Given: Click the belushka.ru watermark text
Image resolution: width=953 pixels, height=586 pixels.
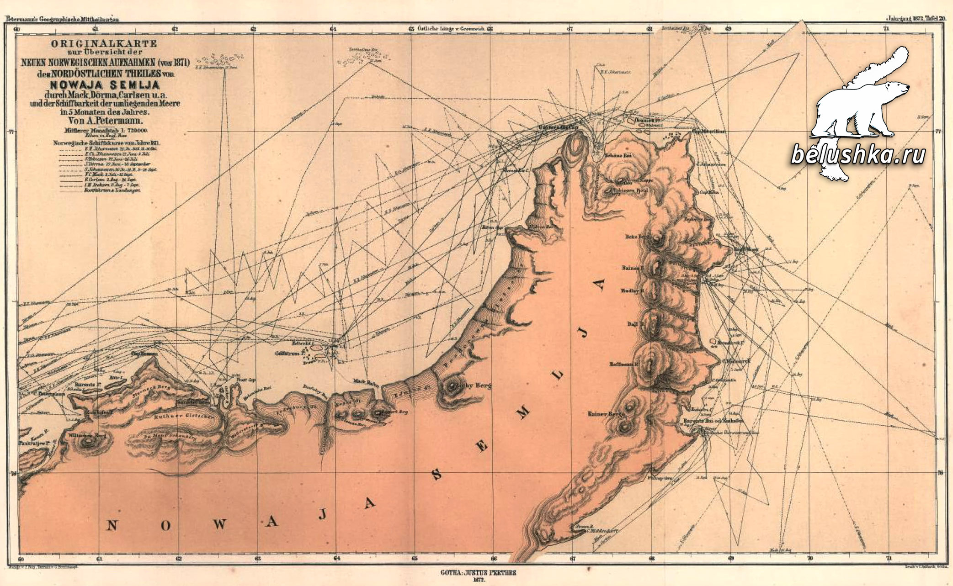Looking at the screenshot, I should (858, 155).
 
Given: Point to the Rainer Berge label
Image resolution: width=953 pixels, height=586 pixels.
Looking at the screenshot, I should (606, 414).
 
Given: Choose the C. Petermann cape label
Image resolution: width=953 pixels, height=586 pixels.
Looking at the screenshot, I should (48, 394).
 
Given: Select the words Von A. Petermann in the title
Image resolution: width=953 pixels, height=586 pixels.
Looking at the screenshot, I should (105, 121).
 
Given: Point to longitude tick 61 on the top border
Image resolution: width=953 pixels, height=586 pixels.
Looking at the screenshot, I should (96, 29).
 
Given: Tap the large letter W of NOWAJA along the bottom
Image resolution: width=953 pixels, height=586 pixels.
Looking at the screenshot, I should (219, 524).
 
